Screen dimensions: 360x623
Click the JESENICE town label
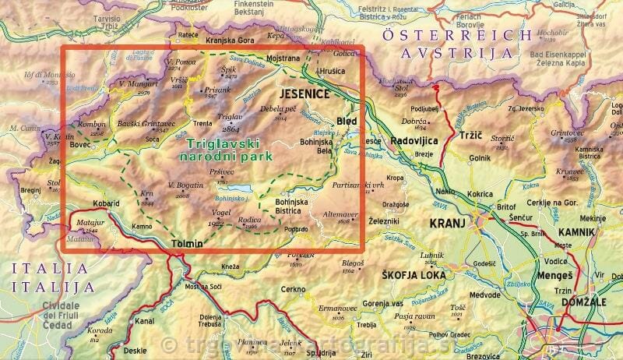[304, 94]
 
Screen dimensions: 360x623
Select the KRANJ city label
[446, 223]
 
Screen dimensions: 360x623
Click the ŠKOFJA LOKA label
[413, 276]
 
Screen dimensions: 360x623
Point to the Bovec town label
[81, 144]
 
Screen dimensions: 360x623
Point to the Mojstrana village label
[284, 58]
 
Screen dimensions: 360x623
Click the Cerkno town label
[294, 289]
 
